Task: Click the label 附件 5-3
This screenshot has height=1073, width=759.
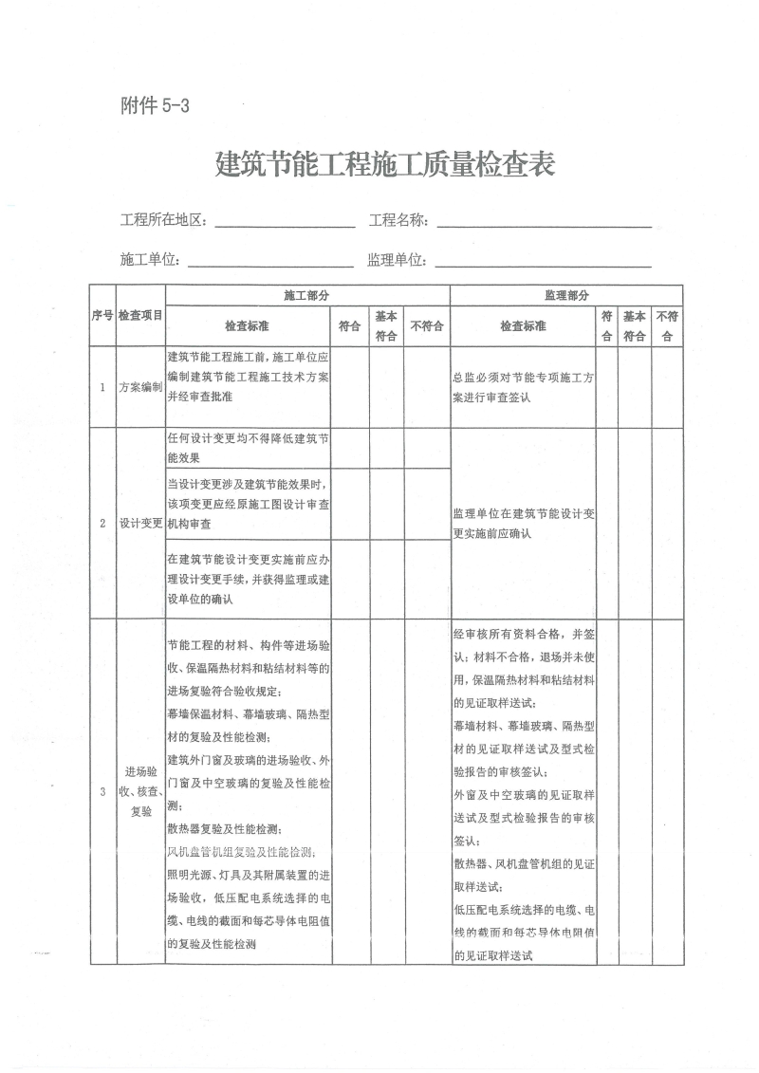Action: [156, 106]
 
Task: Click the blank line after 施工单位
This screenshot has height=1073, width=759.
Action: [271, 260]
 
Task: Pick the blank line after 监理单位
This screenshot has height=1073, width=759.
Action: [543, 260]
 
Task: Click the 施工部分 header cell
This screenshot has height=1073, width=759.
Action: [307, 295]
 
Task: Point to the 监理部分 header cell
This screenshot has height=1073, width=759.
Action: [566, 295]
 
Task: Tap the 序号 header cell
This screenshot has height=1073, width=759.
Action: [102, 316]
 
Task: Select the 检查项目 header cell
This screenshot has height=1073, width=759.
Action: [140, 316]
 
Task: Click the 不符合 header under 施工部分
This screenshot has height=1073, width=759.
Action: [427, 326]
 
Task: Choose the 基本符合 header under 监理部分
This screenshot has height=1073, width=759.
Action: [635, 326]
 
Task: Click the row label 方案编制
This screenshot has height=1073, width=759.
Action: [140, 388]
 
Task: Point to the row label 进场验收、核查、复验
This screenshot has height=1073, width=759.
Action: [140, 793]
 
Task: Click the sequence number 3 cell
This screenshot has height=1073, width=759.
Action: [102, 793]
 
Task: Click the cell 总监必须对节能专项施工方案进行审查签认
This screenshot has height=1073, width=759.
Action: [524, 388]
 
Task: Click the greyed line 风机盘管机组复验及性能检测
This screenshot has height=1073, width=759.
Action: [242, 852]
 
